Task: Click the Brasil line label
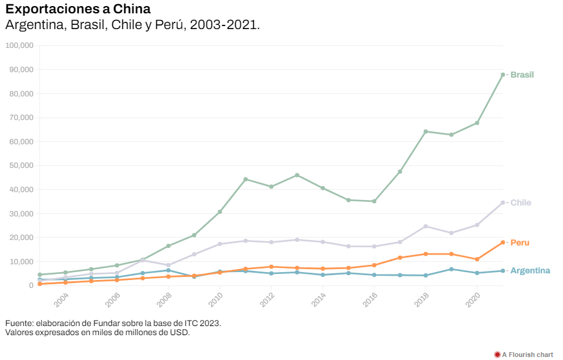coord(522,75)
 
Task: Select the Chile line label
coord(521,202)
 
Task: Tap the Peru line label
coord(520,242)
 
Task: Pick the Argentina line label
coord(530,270)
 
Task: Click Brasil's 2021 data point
coord(503,75)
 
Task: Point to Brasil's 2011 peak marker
coord(245,179)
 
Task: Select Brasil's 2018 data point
coord(425,132)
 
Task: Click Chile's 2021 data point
coord(503,202)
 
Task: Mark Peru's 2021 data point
coord(503,242)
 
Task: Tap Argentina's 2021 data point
coord(503,271)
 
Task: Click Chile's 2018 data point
coord(425,226)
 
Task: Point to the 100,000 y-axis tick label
coord(19,45)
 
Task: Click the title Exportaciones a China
coord(78,9)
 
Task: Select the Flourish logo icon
coord(497,355)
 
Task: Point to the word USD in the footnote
coord(181,332)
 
